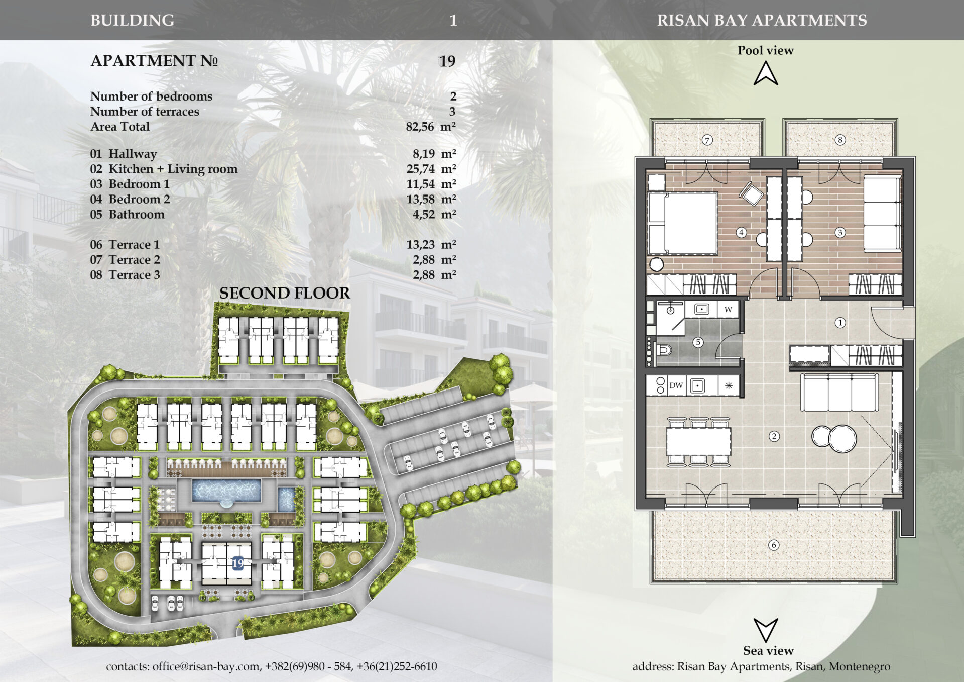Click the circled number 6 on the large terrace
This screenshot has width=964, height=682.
(x=774, y=545)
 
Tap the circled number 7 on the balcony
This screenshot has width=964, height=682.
(x=707, y=140)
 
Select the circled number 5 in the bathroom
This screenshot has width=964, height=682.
(x=698, y=342)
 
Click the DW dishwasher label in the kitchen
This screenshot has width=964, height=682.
(x=676, y=385)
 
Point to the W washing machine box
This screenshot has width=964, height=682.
(x=728, y=309)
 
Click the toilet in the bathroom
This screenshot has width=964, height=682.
(x=663, y=349)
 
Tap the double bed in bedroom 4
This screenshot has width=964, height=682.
(x=683, y=223)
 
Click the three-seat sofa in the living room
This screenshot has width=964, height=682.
(x=839, y=392)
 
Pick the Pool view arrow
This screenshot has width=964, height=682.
(x=766, y=73)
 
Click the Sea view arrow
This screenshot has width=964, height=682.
(x=766, y=630)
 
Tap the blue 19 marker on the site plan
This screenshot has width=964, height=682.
(x=237, y=563)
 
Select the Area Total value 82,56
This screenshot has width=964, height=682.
(x=420, y=127)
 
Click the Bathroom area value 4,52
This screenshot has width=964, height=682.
(x=424, y=215)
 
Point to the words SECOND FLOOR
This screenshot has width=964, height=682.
(x=285, y=293)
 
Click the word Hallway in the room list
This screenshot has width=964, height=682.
(x=133, y=154)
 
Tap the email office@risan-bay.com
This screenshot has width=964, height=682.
(x=206, y=666)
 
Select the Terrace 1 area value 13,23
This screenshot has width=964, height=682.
(x=421, y=245)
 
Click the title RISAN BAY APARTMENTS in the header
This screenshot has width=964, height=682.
(x=762, y=20)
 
